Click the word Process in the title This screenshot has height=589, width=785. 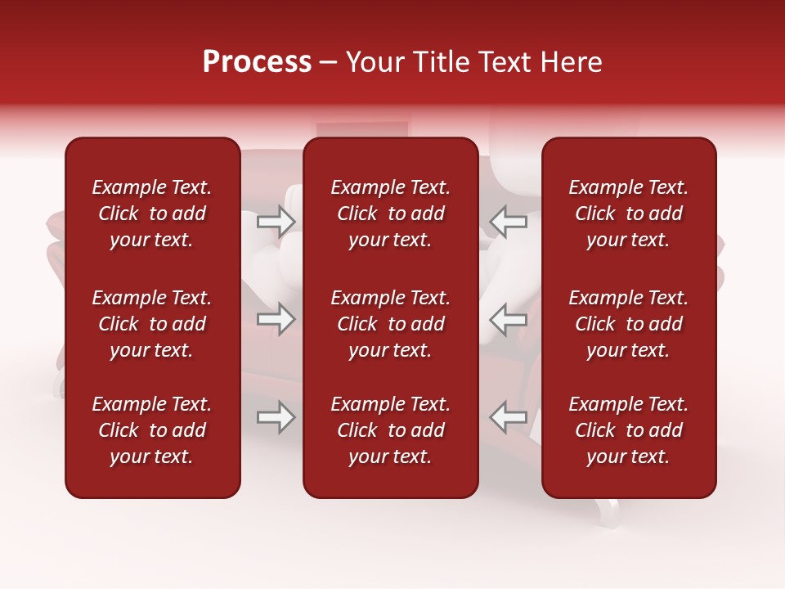coord(257,62)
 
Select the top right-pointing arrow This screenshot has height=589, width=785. coord(276,221)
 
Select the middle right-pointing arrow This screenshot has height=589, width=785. coord(276,319)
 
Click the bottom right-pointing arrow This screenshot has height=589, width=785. coord(276,417)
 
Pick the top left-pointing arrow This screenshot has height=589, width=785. coord(508,221)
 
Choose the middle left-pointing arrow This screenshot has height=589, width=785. coord(508,319)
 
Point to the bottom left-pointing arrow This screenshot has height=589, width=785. coord(508,417)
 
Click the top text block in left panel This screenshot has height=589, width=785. coord(152,214)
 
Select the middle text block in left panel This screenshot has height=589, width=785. coord(152,324)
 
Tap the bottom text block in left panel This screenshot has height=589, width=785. coord(152,430)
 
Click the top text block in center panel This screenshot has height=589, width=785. coord(391,214)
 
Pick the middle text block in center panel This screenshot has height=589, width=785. coord(391,324)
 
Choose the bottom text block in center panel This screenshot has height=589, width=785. coord(391,430)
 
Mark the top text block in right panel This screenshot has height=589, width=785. coord(629,214)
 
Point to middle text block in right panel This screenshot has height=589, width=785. coord(629,324)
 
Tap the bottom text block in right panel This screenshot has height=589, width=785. coord(629,430)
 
